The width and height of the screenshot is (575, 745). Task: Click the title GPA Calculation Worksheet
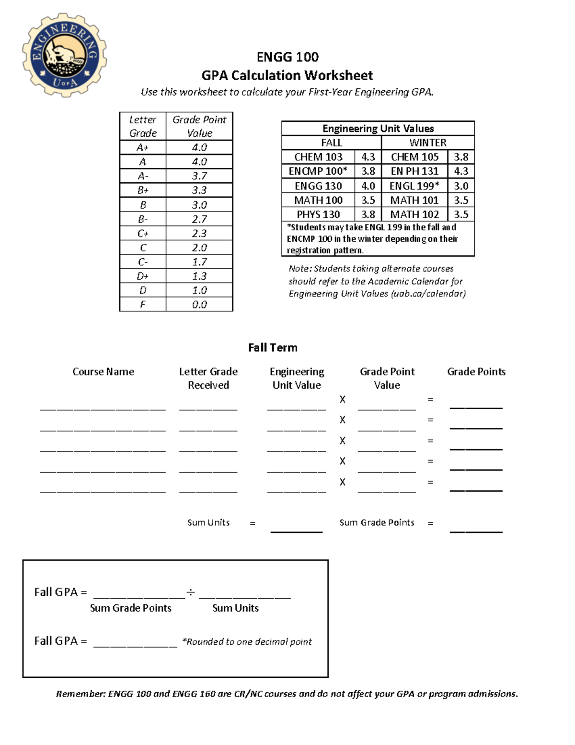(287, 75)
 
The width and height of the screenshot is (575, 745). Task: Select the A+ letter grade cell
(143, 147)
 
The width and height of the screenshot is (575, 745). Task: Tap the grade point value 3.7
(199, 176)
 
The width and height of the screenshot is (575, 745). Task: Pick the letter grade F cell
(143, 304)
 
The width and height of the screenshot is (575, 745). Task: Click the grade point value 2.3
(199, 233)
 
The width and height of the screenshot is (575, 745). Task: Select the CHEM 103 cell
(318, 157)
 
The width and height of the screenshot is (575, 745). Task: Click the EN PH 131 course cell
(414, 171)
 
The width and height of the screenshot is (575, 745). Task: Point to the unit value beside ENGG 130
(368, 186)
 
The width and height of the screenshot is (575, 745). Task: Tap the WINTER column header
(427, 142)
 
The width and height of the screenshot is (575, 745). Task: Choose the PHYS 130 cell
(318, 214)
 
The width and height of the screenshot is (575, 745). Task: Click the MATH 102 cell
(414, 214)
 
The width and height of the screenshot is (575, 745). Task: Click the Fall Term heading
(273, 347)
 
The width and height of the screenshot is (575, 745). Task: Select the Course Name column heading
(103, 371)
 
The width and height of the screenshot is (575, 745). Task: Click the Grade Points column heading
(476, 371)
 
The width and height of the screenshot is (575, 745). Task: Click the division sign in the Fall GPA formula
(191, 592)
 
